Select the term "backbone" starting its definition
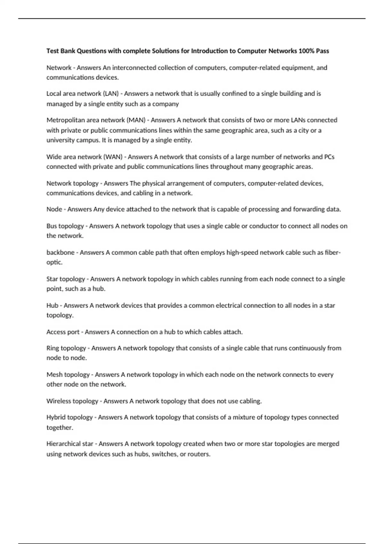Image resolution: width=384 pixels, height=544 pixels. [x=60, y=252]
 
